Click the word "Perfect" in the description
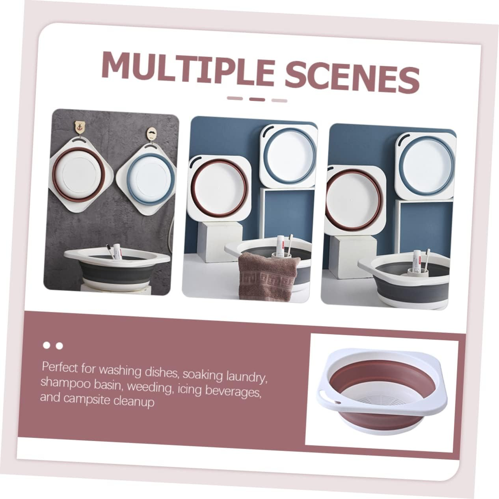(x=59, y=368)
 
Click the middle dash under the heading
(x=257, y=99)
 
